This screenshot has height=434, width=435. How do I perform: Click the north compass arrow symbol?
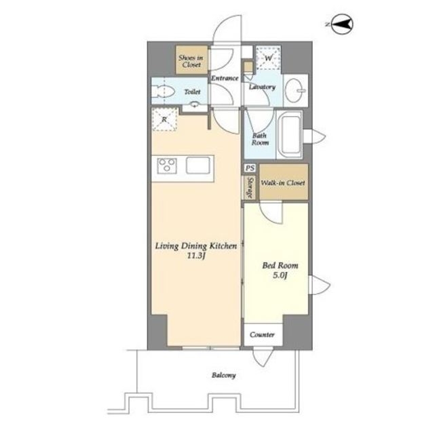click(342, 24)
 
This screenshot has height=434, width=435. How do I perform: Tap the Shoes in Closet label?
click(191, 61)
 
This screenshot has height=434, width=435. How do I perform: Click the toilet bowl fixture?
click(163, 91)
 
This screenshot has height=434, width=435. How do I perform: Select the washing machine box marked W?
click(268, 58)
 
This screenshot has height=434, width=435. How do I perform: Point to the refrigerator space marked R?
click(164, 119)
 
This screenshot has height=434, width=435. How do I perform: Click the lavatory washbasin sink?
click(295, 90)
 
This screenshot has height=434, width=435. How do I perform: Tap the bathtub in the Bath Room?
click(290, 135)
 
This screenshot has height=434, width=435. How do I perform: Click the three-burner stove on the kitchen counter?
click(167, 165)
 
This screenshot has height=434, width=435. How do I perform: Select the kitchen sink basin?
click(197, 165)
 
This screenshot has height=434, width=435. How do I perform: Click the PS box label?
click(250, 168)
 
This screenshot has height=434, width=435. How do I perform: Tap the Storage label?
click(250, 187)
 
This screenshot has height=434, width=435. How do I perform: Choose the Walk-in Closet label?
click(283, 183)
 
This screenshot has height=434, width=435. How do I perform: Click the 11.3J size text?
click(195, 256)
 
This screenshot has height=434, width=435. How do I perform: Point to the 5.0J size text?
click(280, 275)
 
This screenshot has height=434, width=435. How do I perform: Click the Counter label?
click(262, 334)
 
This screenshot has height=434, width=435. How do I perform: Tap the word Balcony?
click(223, 375)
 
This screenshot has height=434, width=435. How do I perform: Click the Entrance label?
click(225, 78)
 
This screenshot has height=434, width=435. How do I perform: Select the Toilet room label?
click(192, 92)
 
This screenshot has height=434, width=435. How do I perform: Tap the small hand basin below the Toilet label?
click(195, 104)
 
